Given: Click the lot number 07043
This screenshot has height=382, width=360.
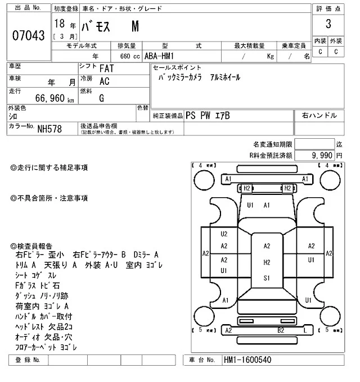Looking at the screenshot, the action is [x=28, y=35].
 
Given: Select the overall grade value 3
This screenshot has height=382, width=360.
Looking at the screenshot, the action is [x=327, y=25].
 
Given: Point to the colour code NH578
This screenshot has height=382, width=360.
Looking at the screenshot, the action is [x=50, y=129].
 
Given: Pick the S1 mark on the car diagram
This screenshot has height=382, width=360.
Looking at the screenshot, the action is [x=267, y=278].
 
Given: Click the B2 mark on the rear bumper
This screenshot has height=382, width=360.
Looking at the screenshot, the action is [x=280, y=331].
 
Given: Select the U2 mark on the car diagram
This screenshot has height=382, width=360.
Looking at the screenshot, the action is [x=224, y=233].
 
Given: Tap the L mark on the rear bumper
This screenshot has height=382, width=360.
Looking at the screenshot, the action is [x=304, y=331].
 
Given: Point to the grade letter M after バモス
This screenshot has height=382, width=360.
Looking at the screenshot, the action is [x=136, y=26].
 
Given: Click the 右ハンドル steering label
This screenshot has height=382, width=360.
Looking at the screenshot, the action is [x=319, y=115].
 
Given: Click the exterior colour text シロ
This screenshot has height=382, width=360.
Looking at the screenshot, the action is [x=12, y=116].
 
